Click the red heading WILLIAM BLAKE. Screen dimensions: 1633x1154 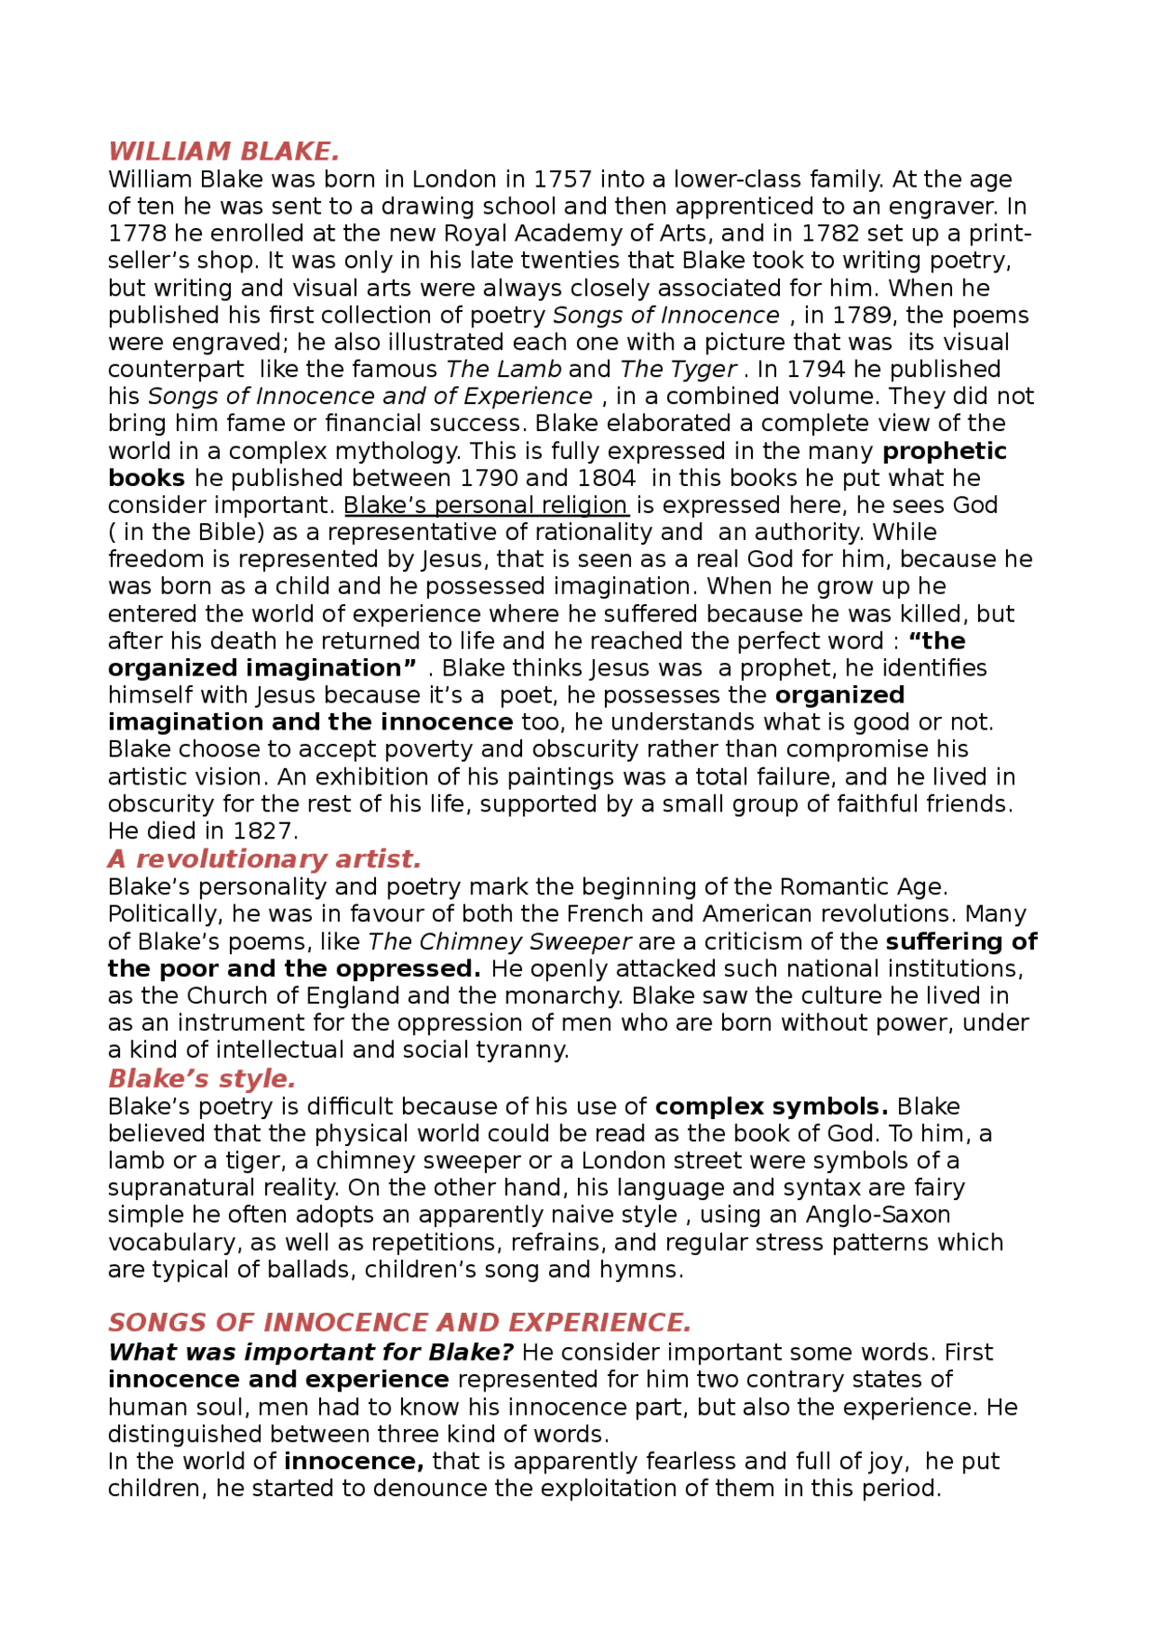224,151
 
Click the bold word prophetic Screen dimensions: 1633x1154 944,451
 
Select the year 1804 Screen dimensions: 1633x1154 606,478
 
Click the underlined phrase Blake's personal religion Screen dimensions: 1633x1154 486,505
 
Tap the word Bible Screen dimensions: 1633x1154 224,532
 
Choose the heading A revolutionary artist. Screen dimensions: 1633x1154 264,858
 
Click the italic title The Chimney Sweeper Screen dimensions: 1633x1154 499,941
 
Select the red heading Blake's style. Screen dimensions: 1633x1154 202,1078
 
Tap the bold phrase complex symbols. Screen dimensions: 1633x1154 771,1106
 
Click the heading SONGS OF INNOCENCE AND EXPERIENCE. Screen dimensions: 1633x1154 399,1322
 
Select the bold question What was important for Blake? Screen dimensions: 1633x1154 310,1353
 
